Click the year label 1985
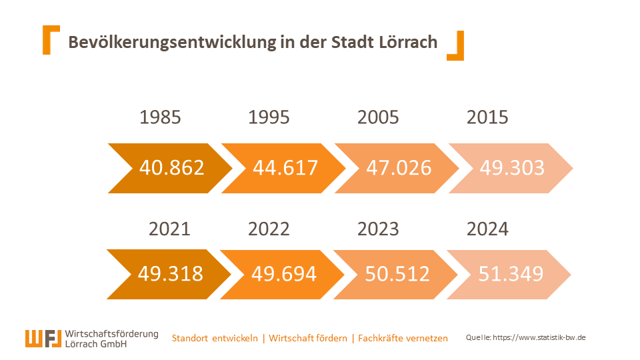[x=160, y=117]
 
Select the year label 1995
[x=269, y=117]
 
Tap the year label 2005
[x=378, y=117]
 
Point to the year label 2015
[x=487, y=117]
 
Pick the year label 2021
[x=169, y=229]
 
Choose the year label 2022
[x=269, y=229]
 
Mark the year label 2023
[x=378, y=229]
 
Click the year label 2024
[x=487, y=229]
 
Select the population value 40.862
[x=171, y=167]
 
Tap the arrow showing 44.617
[x=285, y=167]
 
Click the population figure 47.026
[x=399, y=167]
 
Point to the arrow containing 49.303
[x=512, y=167]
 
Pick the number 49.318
[x=171, y=273]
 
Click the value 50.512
[x=397, y=273]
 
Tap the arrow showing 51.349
[x=511, y=273]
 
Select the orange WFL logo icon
[x=44, y=339]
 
